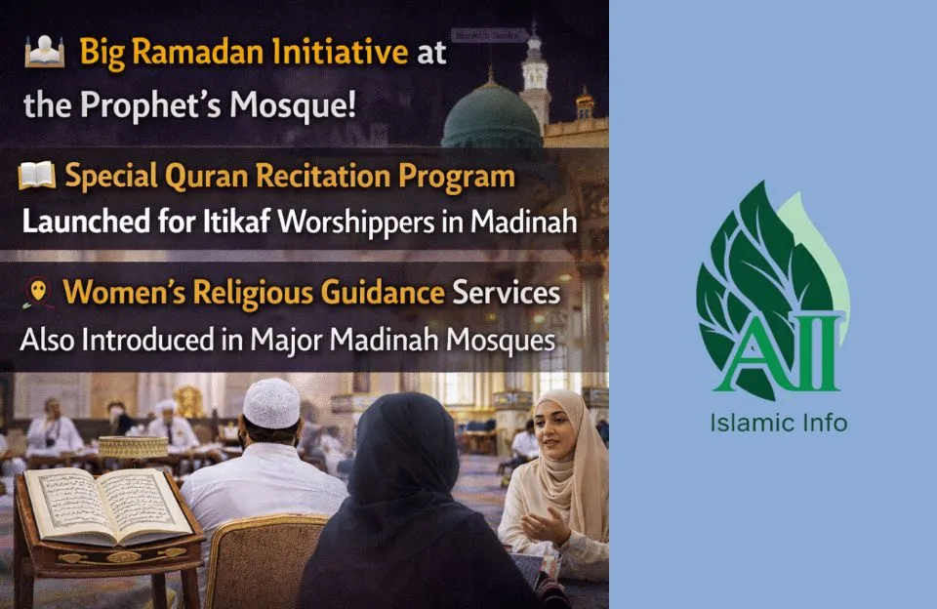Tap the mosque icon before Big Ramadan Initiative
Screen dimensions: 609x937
click(x=44, y=51)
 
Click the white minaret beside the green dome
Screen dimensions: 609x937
click(x=534, y=78)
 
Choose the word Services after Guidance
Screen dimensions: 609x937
click(x=509, y=293)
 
